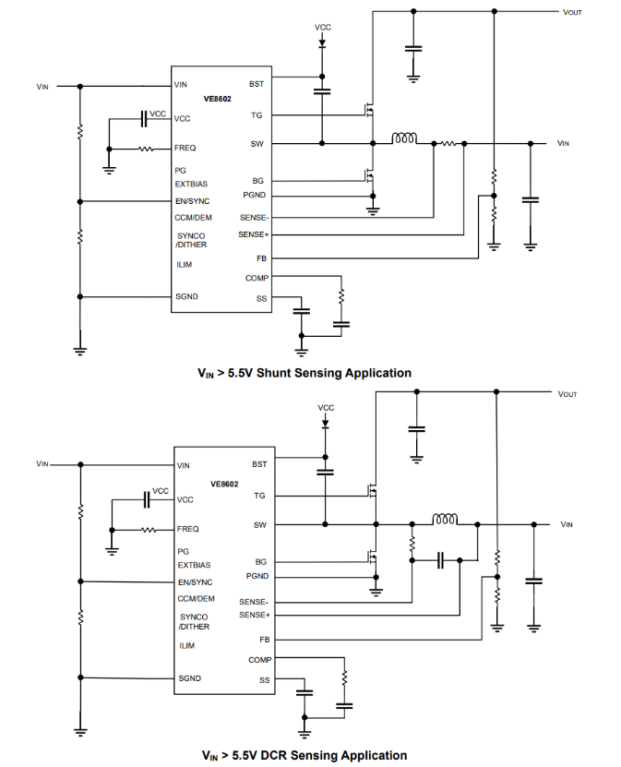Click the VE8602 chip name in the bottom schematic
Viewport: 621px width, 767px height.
[224, 484]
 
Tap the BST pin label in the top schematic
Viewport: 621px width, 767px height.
[256, 84]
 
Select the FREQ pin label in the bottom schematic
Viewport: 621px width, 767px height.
[188, 530]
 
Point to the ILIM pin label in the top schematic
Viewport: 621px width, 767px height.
[185, 265]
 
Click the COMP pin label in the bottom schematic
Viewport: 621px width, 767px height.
[259, 660]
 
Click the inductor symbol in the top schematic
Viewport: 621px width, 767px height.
[404, 139]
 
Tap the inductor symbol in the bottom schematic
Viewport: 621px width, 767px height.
[446, 520]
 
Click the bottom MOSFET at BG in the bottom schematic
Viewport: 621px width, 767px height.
[373, 556]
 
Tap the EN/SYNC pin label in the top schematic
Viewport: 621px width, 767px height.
[192, 201]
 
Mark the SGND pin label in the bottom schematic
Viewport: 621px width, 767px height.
[190, 678]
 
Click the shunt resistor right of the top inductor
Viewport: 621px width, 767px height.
[448, 143]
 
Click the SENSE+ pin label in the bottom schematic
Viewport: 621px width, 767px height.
[255, 615]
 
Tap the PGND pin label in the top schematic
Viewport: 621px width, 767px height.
[255, 196]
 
